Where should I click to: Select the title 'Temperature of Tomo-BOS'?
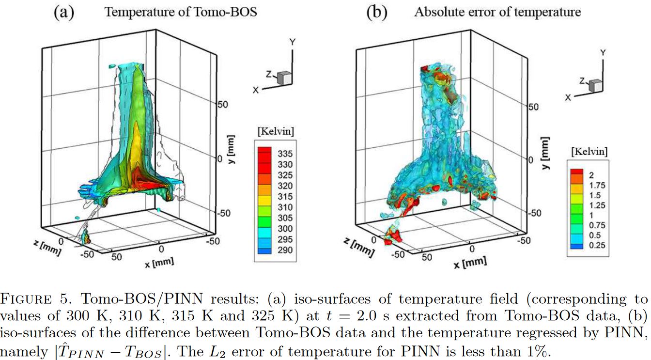click(x=181, y=12)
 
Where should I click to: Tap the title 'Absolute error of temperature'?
click(x=497, y=12)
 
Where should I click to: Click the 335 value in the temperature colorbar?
click(x=285, y=154)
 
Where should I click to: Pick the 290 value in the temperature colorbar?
click(x=285, y=250)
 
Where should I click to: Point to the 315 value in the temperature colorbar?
click(x=285, y=196)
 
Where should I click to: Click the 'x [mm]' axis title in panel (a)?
click(x=159, y=263)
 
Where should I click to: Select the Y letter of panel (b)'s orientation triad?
click(x=603, y=52)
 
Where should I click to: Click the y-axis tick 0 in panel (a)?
click(x=218, y=159)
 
